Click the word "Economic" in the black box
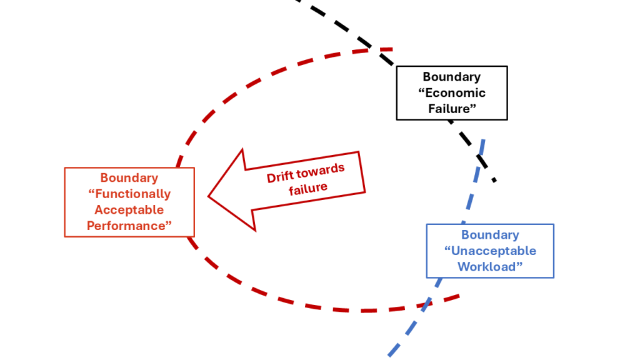pos(454,92)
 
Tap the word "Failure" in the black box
pos(452,108)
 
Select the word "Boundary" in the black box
pos(452,77)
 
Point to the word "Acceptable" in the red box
pos(129,210)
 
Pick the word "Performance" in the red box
pos(129,226)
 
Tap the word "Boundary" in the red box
pos(129,178)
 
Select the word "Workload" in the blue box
pos(490,266)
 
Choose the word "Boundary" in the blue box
pos(490,235)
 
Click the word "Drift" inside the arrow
pos(281,177)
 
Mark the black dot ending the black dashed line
pos(494,180)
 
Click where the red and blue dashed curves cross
pos(426,304)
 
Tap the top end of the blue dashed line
pos(484,140)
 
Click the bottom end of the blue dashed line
pos(390,355)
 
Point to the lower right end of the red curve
pos(459,296)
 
